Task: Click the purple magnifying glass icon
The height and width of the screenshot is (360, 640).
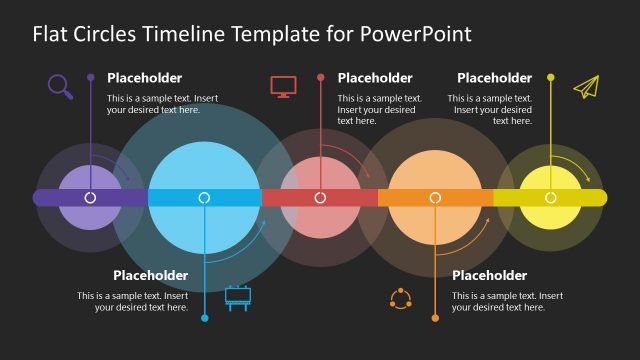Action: point(60,87)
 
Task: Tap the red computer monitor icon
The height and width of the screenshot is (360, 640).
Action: point(283,86)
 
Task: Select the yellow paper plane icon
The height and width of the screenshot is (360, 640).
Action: point(585,87)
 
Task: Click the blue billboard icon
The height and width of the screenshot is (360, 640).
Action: point(238,297)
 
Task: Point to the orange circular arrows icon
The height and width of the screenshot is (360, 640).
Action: point(400,298)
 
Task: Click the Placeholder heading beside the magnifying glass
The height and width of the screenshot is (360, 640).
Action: point(145,78)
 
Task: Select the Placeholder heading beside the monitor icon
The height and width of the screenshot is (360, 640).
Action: point(375,78)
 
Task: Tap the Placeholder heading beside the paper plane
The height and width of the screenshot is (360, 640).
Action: point(494,78)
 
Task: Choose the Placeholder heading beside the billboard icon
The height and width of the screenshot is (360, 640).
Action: point(150,275)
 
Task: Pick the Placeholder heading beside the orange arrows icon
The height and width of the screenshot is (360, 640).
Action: point(489,275)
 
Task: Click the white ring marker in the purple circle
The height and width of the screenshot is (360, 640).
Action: point(90,198)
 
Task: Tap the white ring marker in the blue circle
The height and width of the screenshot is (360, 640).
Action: point(205,198)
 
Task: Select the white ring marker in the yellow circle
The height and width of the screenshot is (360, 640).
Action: point(550,198)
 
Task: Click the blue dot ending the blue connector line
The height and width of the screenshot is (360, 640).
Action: point(205,318)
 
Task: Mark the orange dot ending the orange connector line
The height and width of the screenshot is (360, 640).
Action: point(435,318)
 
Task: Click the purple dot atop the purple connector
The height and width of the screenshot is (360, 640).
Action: point(90,76)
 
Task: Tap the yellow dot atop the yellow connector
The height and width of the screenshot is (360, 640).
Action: point(550,76)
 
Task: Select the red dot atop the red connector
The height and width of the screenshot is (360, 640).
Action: point(320,76)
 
